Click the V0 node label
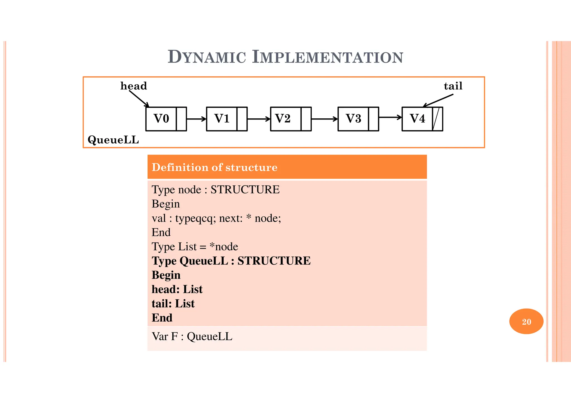(161, 119)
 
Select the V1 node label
(222, 119)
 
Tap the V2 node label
(283, 119)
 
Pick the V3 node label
(353, 119)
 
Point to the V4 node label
(417, 119)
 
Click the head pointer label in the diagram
(134, 86)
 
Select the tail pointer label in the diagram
(453, 86)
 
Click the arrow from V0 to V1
(196, 119)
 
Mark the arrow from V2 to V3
(324, 119)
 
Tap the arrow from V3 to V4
(390, 117)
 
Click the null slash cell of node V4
(437, 119)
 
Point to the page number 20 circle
(526, 321)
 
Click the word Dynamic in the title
(207, 57)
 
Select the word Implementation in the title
(327, 57)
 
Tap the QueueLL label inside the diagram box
(113, 140)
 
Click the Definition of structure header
(214, 167)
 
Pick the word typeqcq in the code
(195, 218)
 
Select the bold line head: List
(177, 289)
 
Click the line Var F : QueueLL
(192, 336)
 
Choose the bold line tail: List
(173, 304)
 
